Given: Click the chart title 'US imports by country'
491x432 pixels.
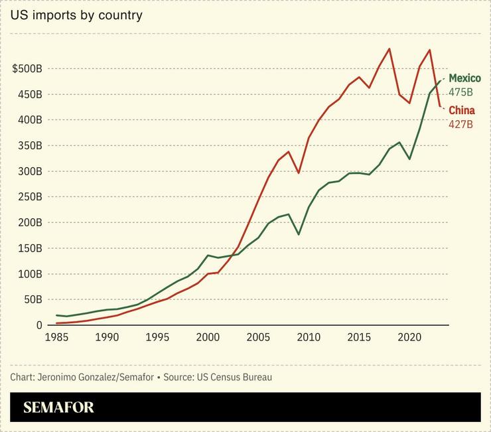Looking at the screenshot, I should pyautogui.click(x=76, y=15).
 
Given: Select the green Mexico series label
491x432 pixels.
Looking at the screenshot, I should pyautogui.click(x=464, y=78).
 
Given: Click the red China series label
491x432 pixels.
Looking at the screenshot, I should pyautogui.click(x=462, y=110).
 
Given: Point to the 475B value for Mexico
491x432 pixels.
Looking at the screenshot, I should pyautogui.click(x=460, y=92).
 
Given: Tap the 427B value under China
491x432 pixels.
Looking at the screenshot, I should pyautogui.click(x=460, y=124).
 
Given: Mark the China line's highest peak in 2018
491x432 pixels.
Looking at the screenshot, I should pyautogui.click(x=389, y=48).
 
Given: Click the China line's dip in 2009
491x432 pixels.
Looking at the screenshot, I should pyautogui.click(x=299, y=173).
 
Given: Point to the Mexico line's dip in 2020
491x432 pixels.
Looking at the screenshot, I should pyautogui.click(x=409, y=159).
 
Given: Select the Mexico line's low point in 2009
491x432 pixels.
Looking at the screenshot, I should pyautogui.click(x=299, y=234).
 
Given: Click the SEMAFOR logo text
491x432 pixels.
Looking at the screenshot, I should pyautogui.click(x=59, y=407).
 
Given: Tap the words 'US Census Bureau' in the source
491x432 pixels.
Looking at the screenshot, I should pyautogui.click(x=234, y=377).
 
